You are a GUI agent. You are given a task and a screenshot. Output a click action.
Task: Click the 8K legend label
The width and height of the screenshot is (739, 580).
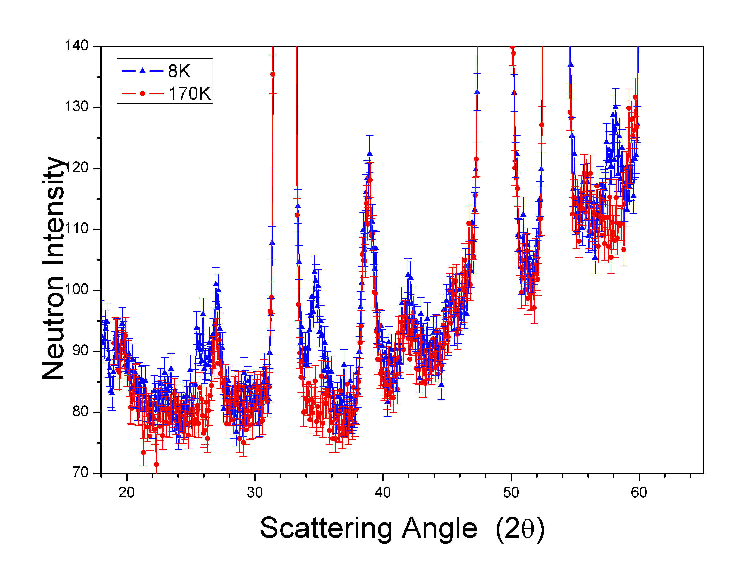coord(179,71)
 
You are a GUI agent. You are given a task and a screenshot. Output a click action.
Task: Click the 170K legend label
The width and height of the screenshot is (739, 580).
coord(190,93)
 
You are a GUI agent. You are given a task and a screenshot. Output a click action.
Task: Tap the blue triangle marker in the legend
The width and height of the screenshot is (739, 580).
coord(142,71)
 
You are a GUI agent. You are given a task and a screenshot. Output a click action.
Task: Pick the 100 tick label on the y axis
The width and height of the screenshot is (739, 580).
coord(77,290)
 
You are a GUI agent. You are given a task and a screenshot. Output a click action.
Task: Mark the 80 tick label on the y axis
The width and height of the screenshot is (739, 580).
coord(80,412)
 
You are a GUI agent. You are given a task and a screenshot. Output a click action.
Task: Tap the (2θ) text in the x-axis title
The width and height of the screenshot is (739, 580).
coord(520,529)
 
